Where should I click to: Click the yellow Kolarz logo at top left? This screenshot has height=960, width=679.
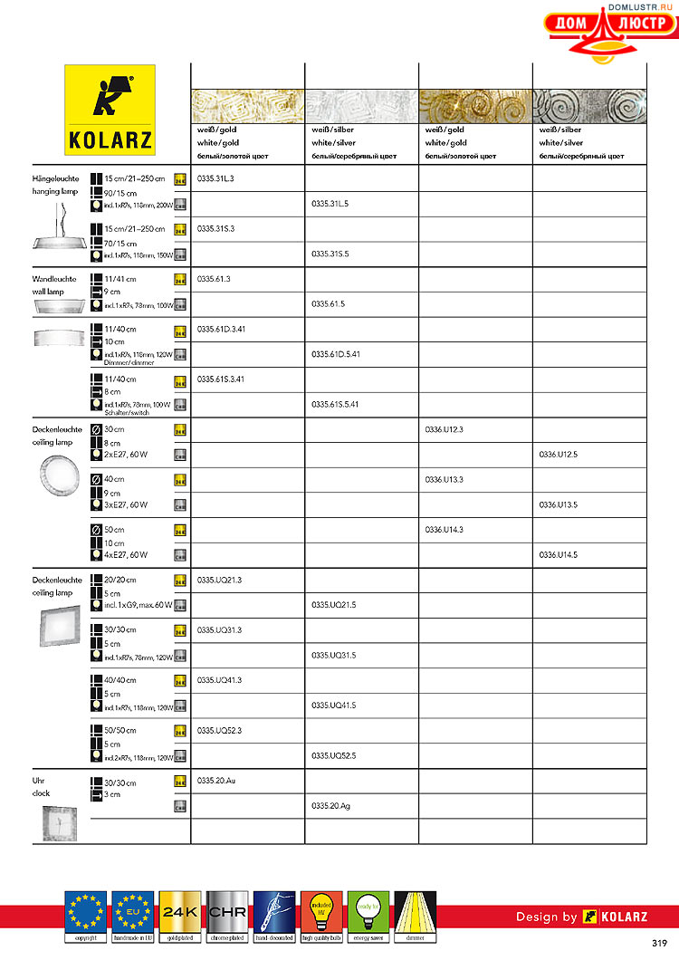click(x=110, y=110)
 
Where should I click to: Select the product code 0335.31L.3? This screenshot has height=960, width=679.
click(x=215, y=178)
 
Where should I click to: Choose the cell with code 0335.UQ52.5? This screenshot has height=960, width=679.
click(x=334, y=754)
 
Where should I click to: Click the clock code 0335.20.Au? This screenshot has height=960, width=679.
click(x=216, y=779)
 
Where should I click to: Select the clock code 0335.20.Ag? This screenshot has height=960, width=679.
click(x=330, y=804)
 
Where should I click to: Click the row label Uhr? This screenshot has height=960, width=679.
click(x=38, y=780)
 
